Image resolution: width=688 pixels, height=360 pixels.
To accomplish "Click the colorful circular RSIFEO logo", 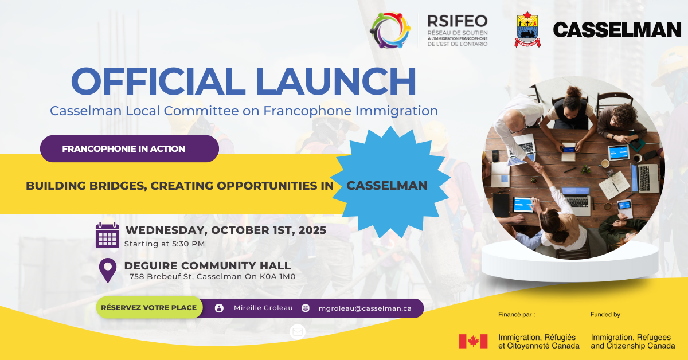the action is [390, 30].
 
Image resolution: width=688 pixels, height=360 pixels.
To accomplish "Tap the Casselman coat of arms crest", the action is [527, 29].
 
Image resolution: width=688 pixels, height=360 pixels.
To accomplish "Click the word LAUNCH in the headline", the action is [336, 81].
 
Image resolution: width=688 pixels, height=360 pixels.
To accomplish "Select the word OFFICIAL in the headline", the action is [158, 81].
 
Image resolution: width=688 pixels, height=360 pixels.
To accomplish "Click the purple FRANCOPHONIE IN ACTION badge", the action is [130, 148].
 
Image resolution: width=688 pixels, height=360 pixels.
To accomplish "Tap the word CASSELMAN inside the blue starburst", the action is [387, 186].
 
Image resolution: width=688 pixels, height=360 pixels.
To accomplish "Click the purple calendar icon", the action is [107, 235].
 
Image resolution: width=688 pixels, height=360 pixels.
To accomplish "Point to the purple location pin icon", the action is [108, 271].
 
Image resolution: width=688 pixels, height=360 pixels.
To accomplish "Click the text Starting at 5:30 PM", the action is [165, 244].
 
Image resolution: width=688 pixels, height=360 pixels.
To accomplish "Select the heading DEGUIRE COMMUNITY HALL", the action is [208, 265].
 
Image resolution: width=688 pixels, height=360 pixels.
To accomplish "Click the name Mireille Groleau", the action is [263, 308].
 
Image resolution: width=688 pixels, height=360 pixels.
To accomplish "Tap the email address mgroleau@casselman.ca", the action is [365, 308].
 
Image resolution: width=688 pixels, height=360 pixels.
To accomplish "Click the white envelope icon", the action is [298, 332].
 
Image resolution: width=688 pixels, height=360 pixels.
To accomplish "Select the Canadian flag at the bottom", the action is [474, 341].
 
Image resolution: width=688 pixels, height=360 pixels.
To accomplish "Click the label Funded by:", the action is [606, 315].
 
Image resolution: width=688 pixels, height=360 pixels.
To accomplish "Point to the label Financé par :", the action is [517, 315].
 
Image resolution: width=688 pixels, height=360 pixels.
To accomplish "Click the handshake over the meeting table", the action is [538, 167].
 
